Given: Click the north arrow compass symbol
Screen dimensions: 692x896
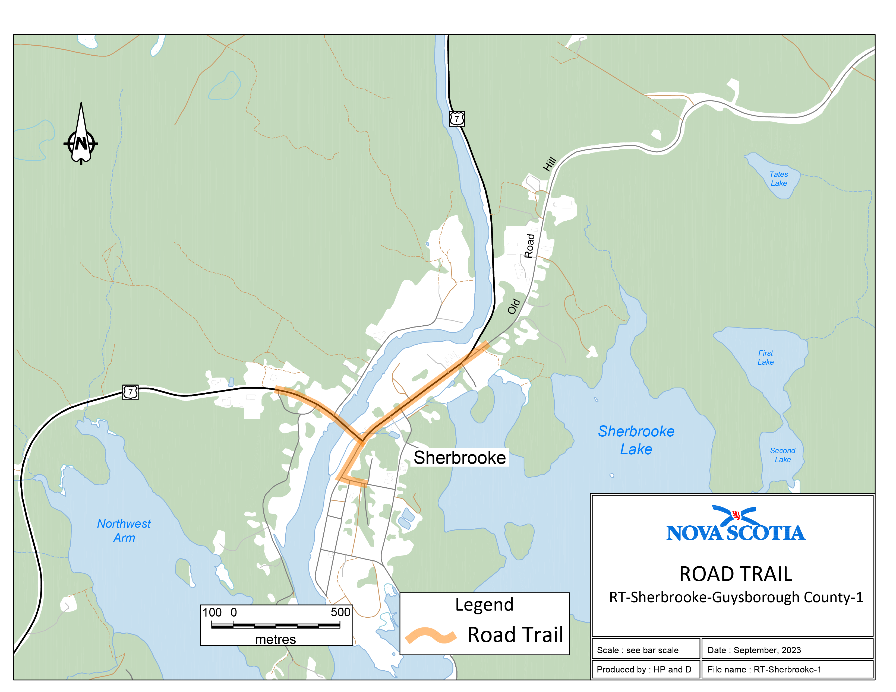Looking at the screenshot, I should pos(81,139).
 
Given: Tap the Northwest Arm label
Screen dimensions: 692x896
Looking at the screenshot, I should pos(124,531).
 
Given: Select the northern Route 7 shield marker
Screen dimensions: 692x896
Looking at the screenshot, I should pos(457,119).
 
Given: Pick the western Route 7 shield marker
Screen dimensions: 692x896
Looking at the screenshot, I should pos(130,392).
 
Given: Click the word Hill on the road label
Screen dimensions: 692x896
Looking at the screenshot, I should pos(550,164).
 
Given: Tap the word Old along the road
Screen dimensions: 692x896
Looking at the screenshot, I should pos(514,307).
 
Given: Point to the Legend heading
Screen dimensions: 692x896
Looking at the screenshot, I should pos(484,605).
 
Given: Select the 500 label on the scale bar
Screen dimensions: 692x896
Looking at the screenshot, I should pos(340,612).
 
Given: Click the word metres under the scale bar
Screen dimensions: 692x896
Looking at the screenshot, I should pos(275,639).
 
